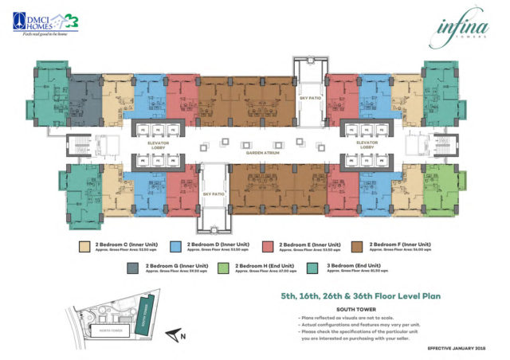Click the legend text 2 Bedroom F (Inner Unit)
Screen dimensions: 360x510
(401, 244)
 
